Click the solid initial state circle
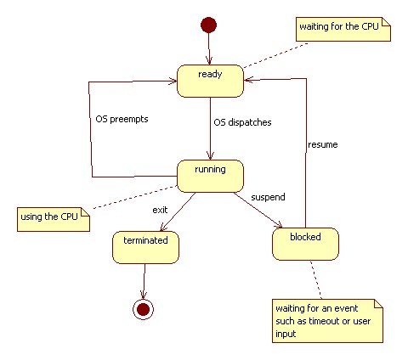tap(208, 25)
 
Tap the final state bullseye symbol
tap(143, 309)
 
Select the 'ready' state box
tap(210, 81)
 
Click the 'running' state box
tap(210, 176)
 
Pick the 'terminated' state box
tap(145, 247)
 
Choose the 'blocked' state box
tap(305, 244)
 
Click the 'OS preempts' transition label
tap(122, 119)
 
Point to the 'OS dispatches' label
tap(242, 122)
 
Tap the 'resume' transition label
tap(323, 144)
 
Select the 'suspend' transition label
tap(268, 197)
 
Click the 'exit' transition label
tap(160, 210)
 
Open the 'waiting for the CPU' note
tap(343, 29)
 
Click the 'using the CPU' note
tap(54, 219)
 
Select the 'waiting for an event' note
tap(327, 321)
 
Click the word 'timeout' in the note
tap(326, 321)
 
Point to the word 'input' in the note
tap(286, 335)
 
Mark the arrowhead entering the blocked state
tap(280, 226)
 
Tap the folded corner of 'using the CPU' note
tap(86, 212)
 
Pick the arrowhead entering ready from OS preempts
tap(173, 82)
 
